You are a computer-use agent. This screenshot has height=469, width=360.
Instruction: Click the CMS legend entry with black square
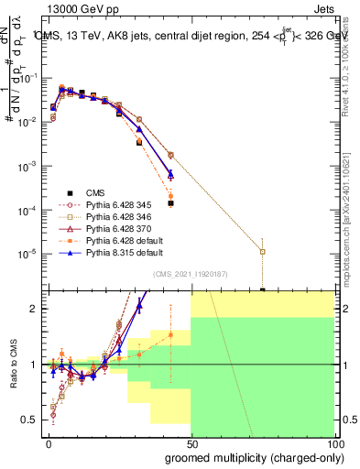pyautogui.click(x=95, y=191)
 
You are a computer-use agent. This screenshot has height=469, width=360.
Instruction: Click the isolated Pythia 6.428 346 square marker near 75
pyautogui.click(x=263, y=251)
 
